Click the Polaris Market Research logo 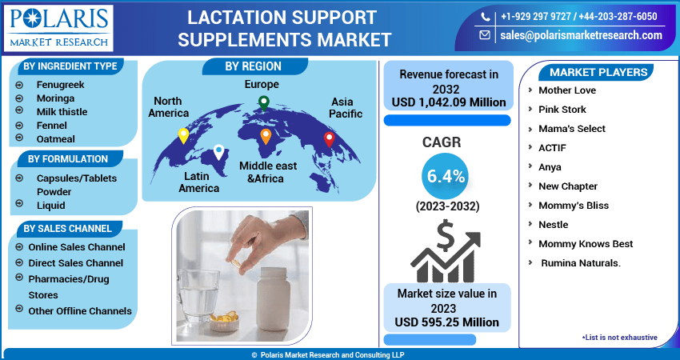[x=58, y=28]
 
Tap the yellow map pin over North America [x=183, y=136]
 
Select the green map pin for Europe [x=264, y=104]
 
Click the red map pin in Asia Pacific [x=330, y=140]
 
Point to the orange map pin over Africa [x=266, y=137]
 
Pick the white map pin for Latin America [x=219, y=153]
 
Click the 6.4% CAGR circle [x=445, y=176]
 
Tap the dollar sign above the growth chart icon [x=446, y=236]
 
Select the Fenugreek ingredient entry [x=60, y=85]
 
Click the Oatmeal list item [x=55, y=138]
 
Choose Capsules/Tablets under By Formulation [x=77, y=178]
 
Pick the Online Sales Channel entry [x=77, y=246]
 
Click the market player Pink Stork [x=562, y=110]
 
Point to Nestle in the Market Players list [x=554, y=224]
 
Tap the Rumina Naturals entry [x=581, y=263]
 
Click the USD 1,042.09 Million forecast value [x=449, y=102]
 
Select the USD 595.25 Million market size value [x=446, y=322]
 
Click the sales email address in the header [x=581, y=35]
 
